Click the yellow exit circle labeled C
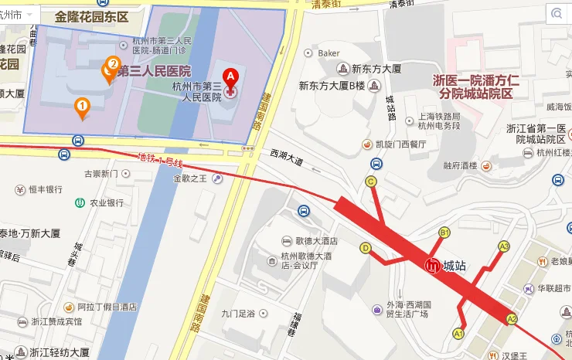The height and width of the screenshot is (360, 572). tap(371, 182)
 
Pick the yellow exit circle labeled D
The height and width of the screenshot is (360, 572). tap(366, 248)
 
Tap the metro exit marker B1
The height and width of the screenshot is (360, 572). tap(444, 233)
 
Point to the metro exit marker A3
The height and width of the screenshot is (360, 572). tap(504, 247)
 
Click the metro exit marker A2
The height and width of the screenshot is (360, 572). tap(511, 318)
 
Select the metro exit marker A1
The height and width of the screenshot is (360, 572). tap(458, 334)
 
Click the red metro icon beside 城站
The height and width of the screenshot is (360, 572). tap(433, 265)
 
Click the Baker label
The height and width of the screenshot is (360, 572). tap(329, 53)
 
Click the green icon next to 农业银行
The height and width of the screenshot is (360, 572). tap(80, 202)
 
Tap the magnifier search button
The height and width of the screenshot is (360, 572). tap(557, 13)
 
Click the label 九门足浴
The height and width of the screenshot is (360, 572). tap(238, 314)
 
